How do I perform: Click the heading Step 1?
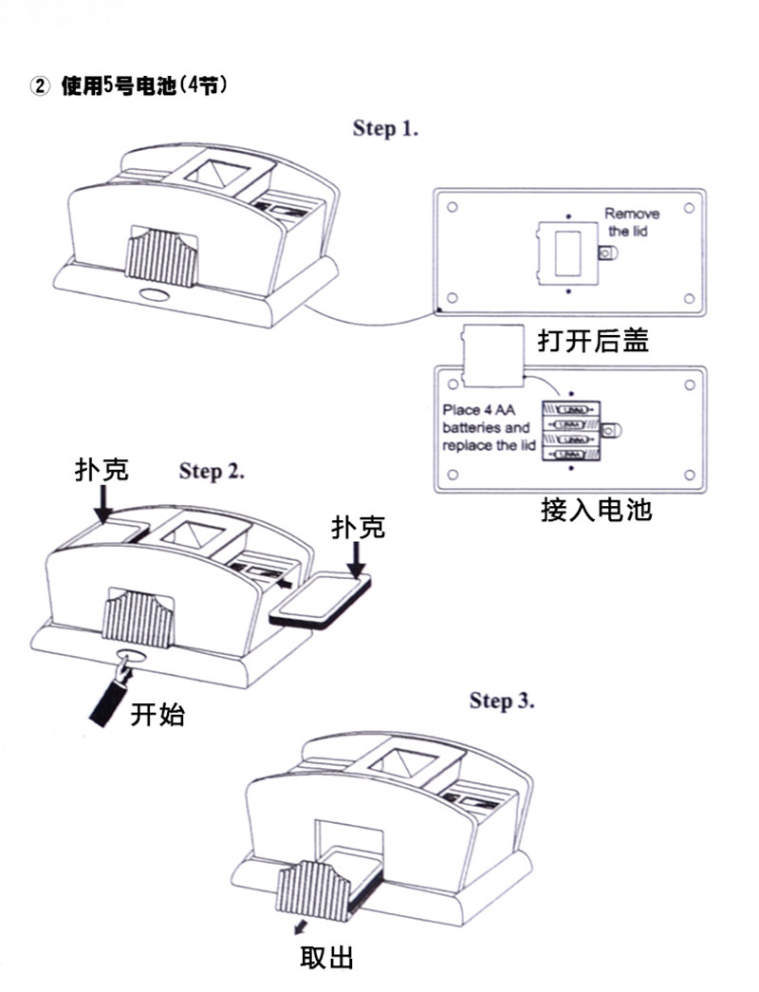point(385,128)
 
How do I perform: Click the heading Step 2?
point(212,471)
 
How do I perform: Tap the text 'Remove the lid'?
point(631,222)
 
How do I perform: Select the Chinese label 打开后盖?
point(593,340)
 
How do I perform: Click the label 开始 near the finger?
point(157,714)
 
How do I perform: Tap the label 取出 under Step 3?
point(326,958)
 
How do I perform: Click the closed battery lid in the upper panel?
point(566,252)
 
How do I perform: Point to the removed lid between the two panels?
point(493,355)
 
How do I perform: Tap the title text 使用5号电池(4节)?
point(142,86)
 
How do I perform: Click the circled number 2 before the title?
point(40,86)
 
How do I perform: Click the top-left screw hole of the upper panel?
point(454,206)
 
